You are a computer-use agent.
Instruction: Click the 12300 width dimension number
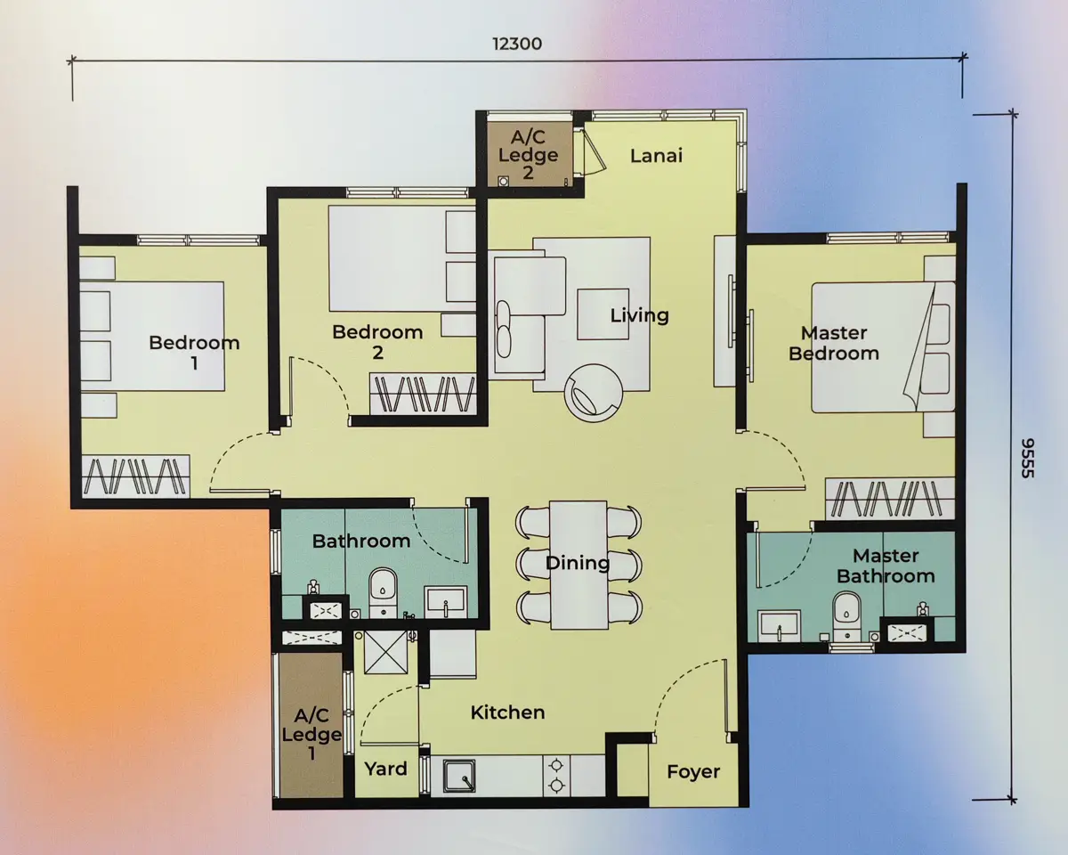(517, 44)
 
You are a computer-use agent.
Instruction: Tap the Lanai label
(656, 156)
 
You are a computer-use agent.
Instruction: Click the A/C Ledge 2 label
(528, 154)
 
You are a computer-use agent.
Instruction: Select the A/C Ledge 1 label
(311, 734)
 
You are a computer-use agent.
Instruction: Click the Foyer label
(693, 771)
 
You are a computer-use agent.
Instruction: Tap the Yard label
(385, 769)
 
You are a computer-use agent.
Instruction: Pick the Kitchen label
(507, 712)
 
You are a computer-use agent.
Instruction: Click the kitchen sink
(459, 776)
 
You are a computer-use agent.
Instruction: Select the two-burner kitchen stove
(557, 776)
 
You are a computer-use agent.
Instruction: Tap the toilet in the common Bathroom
(383, 592)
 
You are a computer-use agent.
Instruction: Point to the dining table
(578, 565)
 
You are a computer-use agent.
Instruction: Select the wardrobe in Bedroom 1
(135, 476)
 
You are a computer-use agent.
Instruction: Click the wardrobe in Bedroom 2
(424, 394)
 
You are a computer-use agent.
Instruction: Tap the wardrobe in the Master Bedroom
(890, 498)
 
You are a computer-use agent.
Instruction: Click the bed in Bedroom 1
(152, 337)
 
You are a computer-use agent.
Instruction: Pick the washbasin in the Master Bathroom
(779, 627)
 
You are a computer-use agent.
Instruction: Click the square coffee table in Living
(603, 314)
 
